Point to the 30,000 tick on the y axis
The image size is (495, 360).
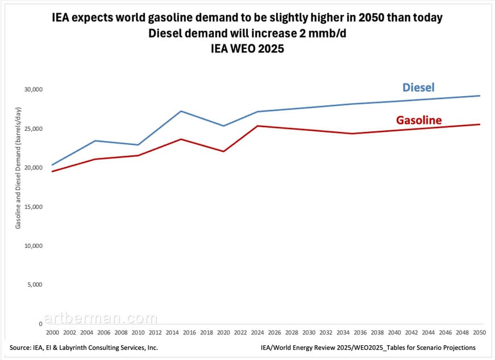[33, 90]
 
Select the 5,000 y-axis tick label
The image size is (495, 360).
[35, 285]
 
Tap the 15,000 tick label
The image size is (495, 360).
[33, 207]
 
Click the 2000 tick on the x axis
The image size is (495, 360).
[52, 331]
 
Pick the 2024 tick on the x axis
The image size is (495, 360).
[257, 331]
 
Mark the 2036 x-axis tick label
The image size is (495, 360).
[360, 331]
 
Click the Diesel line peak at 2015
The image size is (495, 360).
[181, 111]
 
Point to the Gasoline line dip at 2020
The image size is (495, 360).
[223, 151]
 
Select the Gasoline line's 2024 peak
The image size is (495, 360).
[257, 126]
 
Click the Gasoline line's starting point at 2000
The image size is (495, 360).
[52, 171]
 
